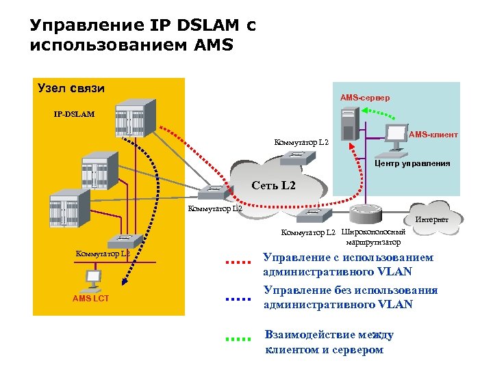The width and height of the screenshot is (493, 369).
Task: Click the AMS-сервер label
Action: pos(365,98)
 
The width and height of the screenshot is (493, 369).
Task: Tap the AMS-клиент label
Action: pos(433,135)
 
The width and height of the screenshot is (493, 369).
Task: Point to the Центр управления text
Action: pos(412,163)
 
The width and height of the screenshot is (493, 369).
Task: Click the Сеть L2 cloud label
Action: pos(273,185)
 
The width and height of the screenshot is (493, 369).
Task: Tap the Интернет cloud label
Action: pos(431,219)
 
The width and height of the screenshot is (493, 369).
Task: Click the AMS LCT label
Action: pos(90,299)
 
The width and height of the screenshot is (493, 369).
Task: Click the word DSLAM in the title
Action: pos(198,26)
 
